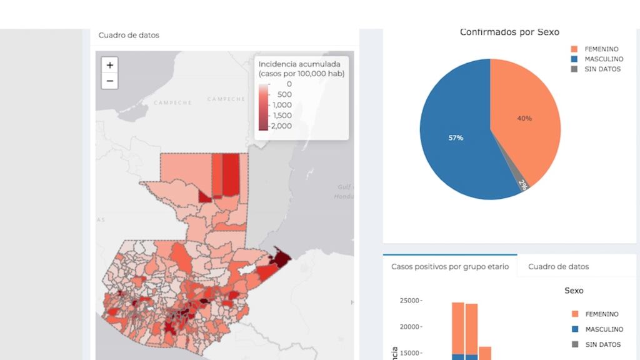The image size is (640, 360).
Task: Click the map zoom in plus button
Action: point(109,65)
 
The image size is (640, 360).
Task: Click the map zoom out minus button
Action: point(109,81)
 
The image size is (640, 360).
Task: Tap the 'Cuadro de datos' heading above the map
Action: point(129,36)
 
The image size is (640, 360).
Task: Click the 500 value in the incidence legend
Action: point(284,94)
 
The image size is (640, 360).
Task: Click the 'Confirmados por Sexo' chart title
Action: point(509,32)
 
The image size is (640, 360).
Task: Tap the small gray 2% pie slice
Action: point(522,184)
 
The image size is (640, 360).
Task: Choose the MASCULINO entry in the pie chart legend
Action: point(603,59)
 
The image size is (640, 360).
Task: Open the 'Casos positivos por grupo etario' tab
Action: point(450,266)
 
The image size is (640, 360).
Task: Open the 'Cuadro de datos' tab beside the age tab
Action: point(558,266)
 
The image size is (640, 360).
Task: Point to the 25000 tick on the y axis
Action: point(409,301)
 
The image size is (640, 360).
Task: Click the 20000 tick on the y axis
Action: point(409,327)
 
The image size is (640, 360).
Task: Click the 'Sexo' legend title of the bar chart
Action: point(574,291)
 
